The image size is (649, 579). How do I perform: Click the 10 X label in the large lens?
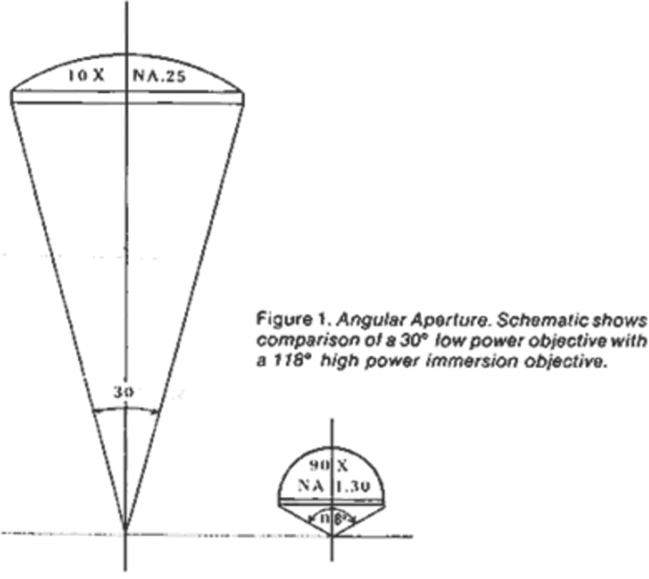pos(93,75)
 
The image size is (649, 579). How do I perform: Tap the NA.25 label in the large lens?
pos(158,75)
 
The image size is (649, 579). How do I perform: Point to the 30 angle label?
pos(123,392)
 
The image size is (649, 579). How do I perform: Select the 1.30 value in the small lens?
pos(351,486)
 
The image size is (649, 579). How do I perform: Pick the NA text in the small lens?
pos(311,486)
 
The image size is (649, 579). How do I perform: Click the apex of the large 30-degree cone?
pos(125,528)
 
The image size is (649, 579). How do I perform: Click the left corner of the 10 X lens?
pos(12,93)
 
